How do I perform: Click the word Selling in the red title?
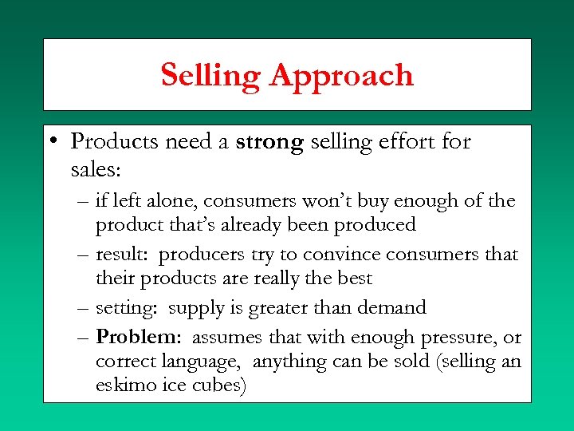pyautogui.click(x=210, y=76)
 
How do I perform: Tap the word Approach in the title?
pyautogui.click(x=341, y=76)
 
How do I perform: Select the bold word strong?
pyautogui.click(x=269, y=142)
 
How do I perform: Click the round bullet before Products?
pyautogui.click(x=51, y=142)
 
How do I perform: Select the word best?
pyautogui.click(x=355, y=279)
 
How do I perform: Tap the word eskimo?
pyautogui.click(x=127, y=386)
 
